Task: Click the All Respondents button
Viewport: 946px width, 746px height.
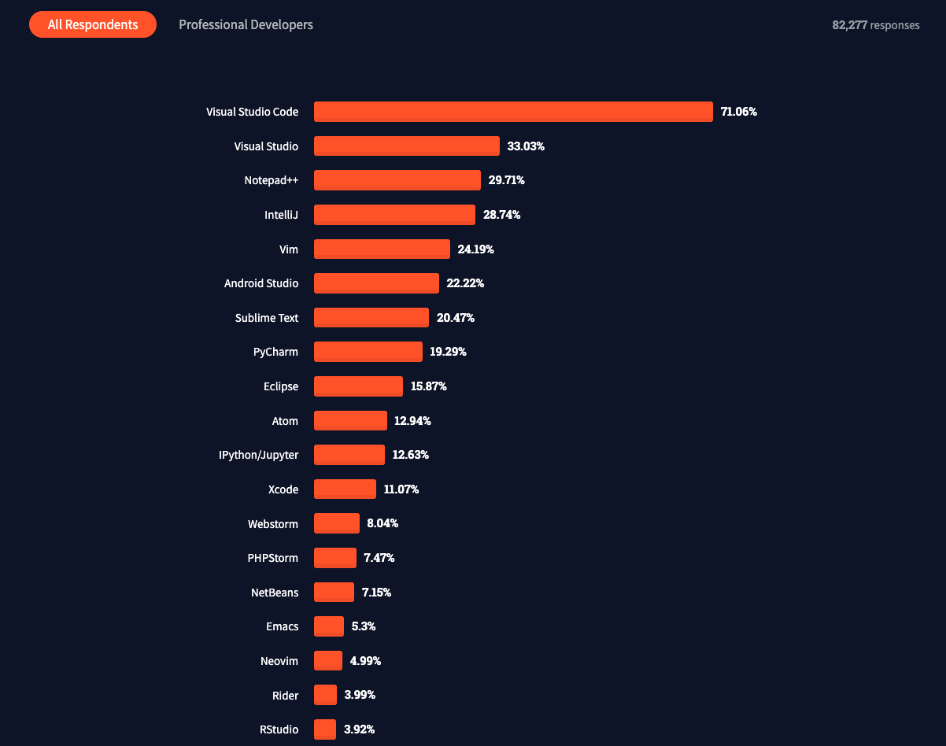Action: pos(93,25)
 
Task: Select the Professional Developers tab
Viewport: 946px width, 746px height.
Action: pos(246,25)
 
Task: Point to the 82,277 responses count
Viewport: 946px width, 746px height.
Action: pos(875,25)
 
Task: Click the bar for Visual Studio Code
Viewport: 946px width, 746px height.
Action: pos(513,112)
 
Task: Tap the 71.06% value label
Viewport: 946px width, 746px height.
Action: pos(738,112)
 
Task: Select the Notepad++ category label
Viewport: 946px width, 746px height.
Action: pos(271,180)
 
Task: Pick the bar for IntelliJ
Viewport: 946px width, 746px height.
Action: pos(394,215)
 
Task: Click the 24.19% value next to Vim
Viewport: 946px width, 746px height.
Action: pos(475,249)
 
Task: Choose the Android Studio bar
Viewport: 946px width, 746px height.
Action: pos(376,283)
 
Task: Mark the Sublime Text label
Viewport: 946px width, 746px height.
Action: pos(266,318)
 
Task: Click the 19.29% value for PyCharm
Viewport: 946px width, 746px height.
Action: pos(448,352)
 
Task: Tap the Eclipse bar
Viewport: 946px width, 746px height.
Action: pos(358,386)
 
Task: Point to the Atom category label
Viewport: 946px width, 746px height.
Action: pos(285,421)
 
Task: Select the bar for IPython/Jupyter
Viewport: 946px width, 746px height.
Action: pos(349,455)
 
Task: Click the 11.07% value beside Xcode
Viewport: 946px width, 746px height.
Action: pos(401,489)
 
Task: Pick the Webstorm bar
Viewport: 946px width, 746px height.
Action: pos(337,523)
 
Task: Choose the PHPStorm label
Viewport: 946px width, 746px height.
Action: pos(272,558)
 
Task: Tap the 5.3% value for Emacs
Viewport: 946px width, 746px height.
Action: pos(364,626)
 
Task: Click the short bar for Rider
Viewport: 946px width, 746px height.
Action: pos(325,695)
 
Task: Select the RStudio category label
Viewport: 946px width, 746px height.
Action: pos(279,729)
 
